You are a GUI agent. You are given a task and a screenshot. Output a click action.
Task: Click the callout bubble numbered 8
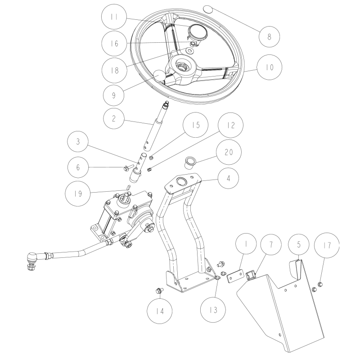270,36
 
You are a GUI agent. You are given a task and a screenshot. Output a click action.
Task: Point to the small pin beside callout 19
129,186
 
